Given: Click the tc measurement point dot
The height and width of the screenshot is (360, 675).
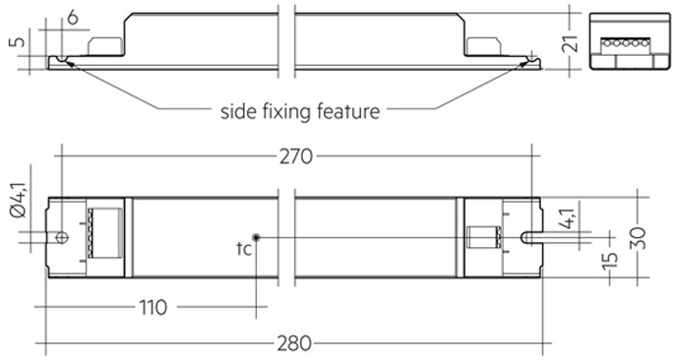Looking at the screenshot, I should click(x=256, y=237).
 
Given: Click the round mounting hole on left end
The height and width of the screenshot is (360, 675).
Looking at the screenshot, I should click(x=61, y=237).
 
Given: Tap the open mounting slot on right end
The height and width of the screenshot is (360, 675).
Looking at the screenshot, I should click(x=528, y=237).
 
